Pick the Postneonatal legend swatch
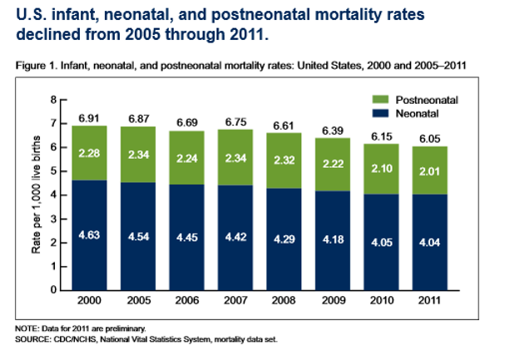click(385, 99)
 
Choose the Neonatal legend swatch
click(385, 111)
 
